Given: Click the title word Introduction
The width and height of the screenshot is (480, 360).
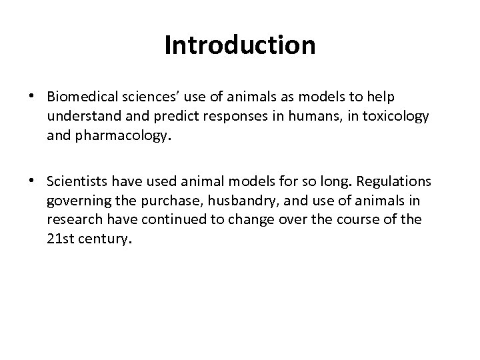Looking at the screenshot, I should point(240,45).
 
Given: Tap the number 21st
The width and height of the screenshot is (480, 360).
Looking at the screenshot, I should point(62,238).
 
